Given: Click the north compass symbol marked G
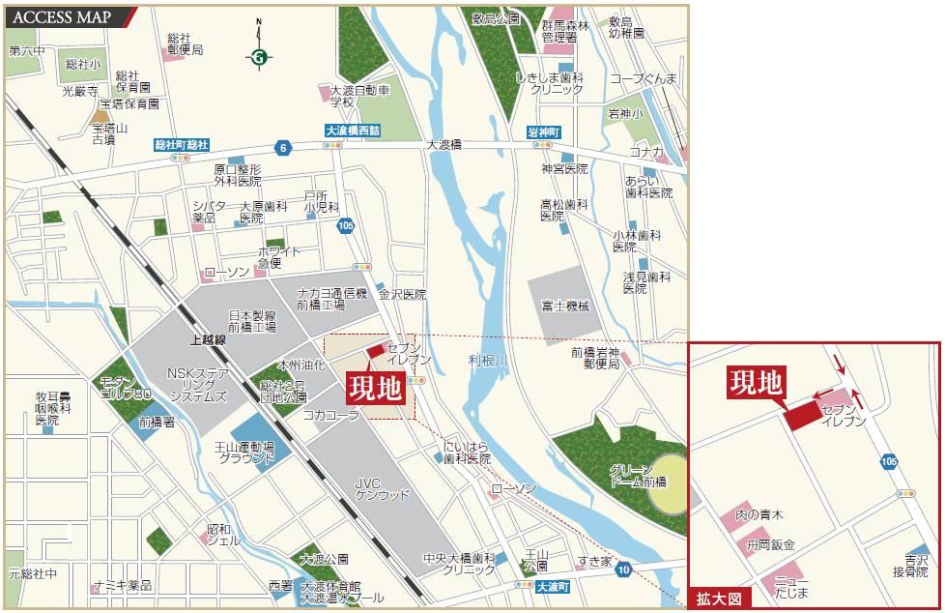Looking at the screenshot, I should coord(258,57).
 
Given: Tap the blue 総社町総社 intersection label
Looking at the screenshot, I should coord(182,144).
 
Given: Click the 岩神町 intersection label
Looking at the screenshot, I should coord(544,131).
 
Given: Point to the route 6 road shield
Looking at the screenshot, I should coord(282,148).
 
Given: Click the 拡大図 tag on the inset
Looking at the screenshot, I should coord(719,599).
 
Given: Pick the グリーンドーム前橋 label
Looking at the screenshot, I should coord(638,475).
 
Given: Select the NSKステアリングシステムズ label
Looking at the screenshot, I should coord(196,384).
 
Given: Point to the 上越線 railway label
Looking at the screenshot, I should coord(208,339).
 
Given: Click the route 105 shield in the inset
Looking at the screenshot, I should coord(888,462).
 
